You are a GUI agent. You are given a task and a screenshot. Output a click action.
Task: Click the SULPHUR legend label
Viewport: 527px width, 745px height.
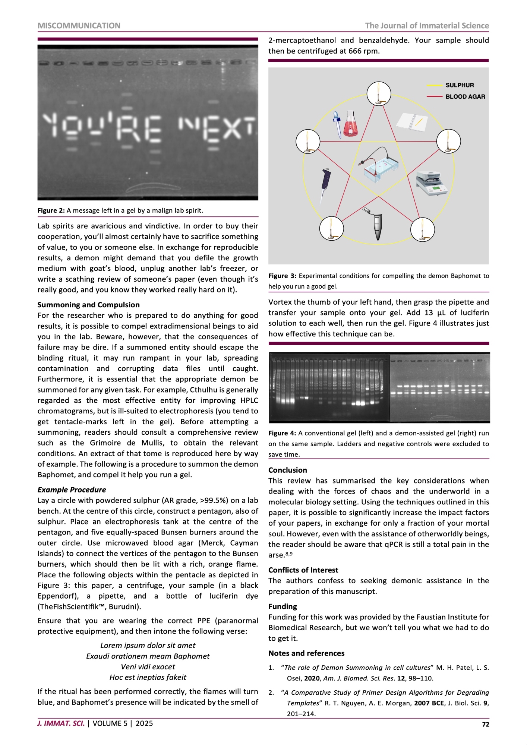(x=460, y=85)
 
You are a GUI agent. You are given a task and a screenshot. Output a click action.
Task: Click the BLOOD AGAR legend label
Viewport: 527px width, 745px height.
(x=465, y=97)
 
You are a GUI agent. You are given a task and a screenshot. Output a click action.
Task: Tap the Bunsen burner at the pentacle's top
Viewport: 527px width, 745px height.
(x=379, y=94)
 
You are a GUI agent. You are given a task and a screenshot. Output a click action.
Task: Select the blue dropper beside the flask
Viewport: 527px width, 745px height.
(x=337, y=124)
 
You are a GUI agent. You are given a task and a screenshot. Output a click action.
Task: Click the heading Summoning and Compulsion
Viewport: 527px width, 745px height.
(x=88, y=305)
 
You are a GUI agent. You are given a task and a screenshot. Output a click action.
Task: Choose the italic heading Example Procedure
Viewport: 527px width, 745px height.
(x=72, y=490)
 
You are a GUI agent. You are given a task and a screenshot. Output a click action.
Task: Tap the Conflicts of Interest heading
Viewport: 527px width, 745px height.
(x=303, y=570)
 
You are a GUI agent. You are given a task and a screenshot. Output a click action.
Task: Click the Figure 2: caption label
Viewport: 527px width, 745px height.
(x=51, y=210)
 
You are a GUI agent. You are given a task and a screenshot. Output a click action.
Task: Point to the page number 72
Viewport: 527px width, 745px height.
(x=485, y=725)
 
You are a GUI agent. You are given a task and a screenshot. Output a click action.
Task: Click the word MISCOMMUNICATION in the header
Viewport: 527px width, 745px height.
(x=79, y=26)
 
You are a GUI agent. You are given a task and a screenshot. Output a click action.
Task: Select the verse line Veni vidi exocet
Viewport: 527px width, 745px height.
(x=148, y=667)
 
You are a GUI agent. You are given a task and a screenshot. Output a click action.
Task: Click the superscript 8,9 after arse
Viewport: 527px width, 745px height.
(x=289, y=554)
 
